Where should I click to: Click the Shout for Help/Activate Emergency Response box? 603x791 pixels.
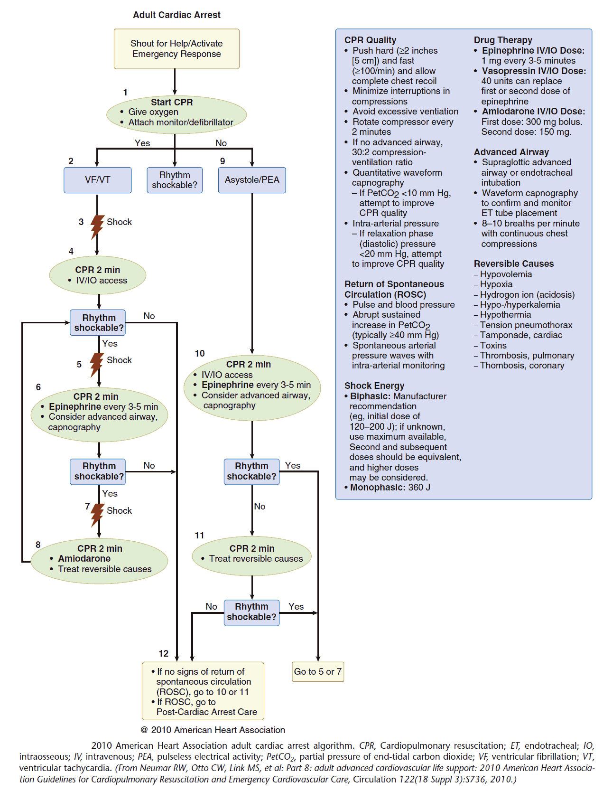click(176, 49)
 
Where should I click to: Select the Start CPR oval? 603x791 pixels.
click(176, 114)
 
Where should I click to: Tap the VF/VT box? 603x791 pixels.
click(98, 180)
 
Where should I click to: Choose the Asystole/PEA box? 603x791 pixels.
click(252, 180)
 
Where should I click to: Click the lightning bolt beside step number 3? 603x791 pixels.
click(97, 226)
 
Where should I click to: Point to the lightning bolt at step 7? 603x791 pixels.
click(97, 515)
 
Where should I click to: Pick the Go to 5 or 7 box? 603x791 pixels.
click(317, 672)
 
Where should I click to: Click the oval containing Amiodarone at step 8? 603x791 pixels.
click(99, 560)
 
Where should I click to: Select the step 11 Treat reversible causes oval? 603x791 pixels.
click(251, 555)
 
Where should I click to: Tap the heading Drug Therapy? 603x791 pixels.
click(503, 40)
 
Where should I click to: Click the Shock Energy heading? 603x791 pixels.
click(374, 386)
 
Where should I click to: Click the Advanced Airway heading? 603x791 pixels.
click(511, 152)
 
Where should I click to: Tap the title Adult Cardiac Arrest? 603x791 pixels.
click(176, 15)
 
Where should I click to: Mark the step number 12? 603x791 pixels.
click(164, 654)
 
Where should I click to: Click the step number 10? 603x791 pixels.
click(200, 354)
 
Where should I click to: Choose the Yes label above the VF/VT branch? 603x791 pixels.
click(142, 143)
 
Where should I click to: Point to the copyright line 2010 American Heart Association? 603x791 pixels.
click(213, 730)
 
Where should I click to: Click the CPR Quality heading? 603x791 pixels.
click(370, 40)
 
